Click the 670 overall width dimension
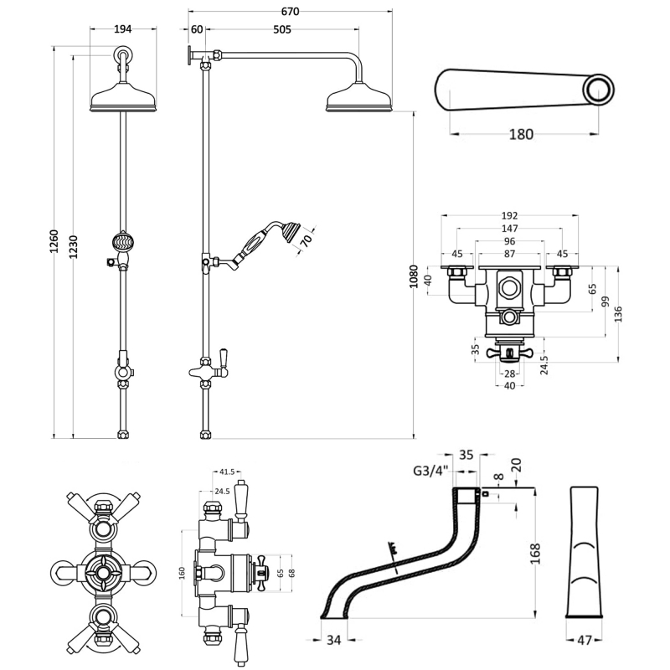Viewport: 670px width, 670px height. tap(290, 12)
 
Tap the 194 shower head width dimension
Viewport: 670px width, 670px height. tap(123, 29)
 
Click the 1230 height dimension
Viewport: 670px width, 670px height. tap(74, 245)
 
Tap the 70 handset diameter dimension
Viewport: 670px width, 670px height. tap(307, 241)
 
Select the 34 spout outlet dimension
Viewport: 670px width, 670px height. tap(332, 641)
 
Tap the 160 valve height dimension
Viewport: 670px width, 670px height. tap(182, 573)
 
